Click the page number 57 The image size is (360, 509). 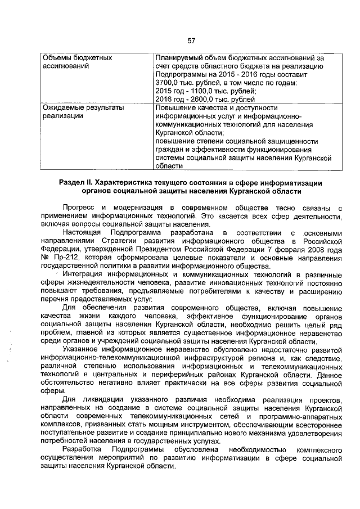pos(191,40)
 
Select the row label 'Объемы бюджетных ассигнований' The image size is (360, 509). pos(78,62)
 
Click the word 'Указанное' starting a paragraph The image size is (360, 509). pos(82,348)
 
